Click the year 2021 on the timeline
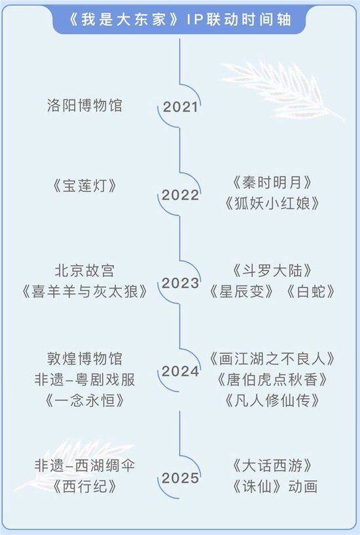[180, 107]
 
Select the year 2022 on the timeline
[180, 195]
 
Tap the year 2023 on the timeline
[180, 283]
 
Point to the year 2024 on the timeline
[181, 371]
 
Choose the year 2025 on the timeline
[180, 478]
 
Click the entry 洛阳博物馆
[84, 105]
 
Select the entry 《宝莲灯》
[84, 186]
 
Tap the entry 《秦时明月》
[272, 183]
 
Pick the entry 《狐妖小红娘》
[272, 204]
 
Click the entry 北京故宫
[84, 270]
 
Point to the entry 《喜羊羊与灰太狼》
[84, 291]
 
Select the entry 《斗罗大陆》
[272, 270]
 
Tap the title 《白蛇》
[310, 291]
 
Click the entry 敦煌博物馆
[84, 359]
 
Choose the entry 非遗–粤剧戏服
[84, 380]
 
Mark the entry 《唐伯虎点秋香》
[272, 380]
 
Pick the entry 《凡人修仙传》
[272, 401]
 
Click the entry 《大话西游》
[272, 466]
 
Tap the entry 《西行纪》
[84, 487]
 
